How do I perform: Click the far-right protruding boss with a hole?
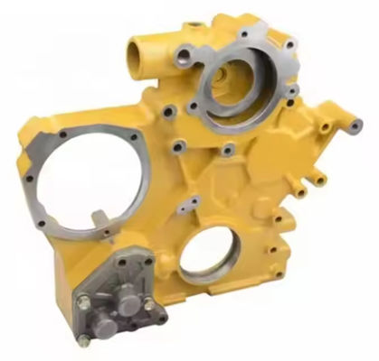pos(355,126)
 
